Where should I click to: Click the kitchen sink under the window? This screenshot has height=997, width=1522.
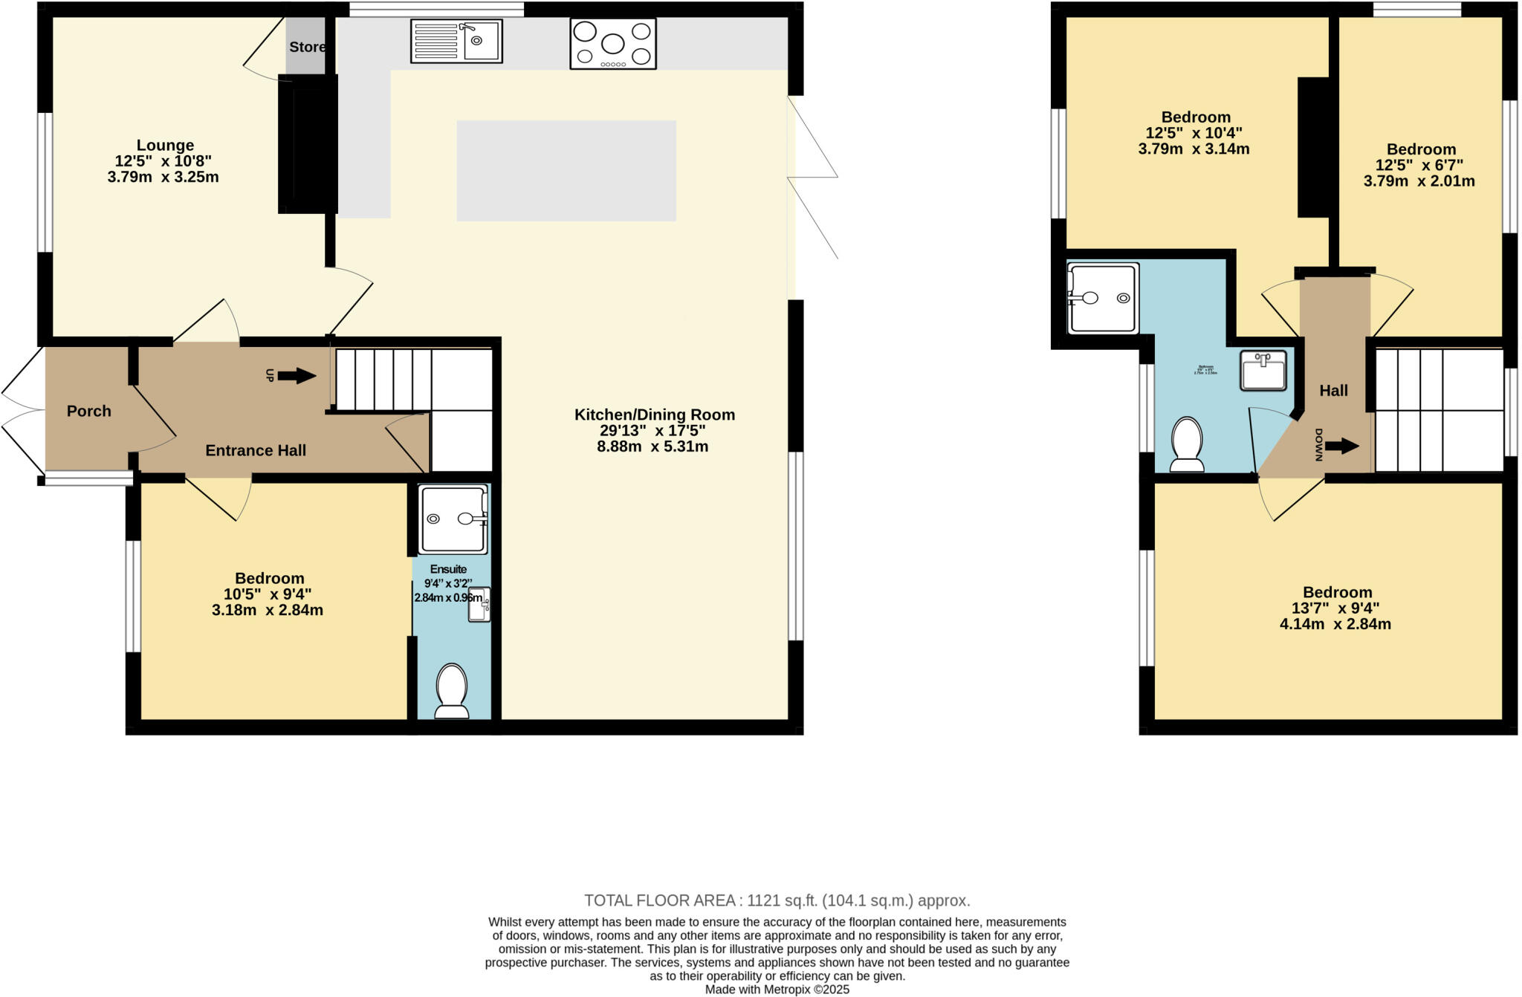click(456, 41)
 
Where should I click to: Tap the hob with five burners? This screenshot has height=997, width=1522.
click(613, 44)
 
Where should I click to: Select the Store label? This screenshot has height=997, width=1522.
click(307, 47)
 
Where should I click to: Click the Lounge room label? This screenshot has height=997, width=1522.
click(165, 145)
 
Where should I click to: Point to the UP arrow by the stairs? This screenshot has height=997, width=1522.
click(296, 376)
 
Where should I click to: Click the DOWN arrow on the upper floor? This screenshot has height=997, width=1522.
click(1341, 446)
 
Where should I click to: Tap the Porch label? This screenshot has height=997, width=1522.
click(88, 411)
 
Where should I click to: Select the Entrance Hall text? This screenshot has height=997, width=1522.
click(256, 450)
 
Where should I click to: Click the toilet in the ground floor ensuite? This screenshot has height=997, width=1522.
click(452, 691)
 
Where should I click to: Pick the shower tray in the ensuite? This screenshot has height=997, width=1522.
click(453, 519)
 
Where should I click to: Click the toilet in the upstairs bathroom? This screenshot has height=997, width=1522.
click(1187, 444)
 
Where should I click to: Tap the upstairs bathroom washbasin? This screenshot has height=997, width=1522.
click(1263, 371)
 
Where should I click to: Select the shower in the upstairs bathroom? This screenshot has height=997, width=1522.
click(1103, 298)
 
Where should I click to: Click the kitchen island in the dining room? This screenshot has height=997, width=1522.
click(566, 171)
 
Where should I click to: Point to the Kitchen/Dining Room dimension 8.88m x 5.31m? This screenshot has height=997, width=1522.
click(652, 446)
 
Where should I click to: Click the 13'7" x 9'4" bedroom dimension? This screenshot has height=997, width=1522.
click(1335, 608)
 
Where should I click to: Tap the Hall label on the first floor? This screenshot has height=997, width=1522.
click(1333, 390)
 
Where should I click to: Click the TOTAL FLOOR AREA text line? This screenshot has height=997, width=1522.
click(777, 900)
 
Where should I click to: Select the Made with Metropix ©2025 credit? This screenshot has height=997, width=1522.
click(777, 990)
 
